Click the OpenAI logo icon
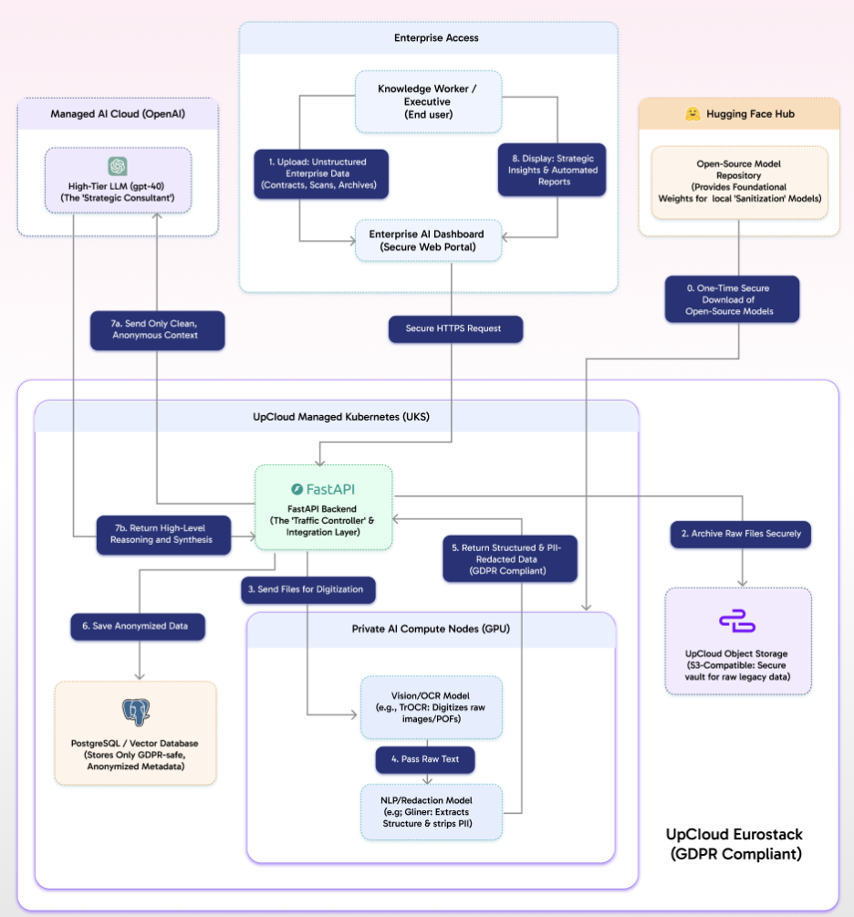[x=117, y=166]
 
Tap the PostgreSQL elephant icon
[x=135, y=713]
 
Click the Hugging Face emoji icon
[x=693, y=114]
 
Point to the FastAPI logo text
[x=323, y=489]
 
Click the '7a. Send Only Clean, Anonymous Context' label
[x=158, y=328]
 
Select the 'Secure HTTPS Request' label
[x=455, y=328]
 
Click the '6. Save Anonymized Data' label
[x=139, y=626]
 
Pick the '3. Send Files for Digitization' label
[x=308, y=589]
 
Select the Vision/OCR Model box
[x=431, y=707]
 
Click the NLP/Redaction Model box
[x=431, y=812]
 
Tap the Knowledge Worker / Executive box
[x=428, y=102]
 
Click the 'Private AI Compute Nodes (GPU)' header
[x=431, y=630]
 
